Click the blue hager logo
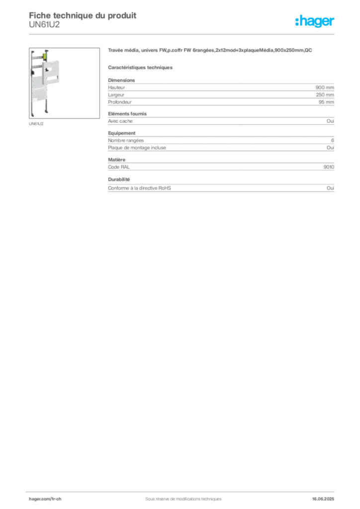(315, 22)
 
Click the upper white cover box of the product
(54, 70)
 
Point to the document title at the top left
(83, 14)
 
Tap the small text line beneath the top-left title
(45, 23)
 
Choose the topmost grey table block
(221, 91)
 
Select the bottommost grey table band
(221, 188)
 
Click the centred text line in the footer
(179, 496)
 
